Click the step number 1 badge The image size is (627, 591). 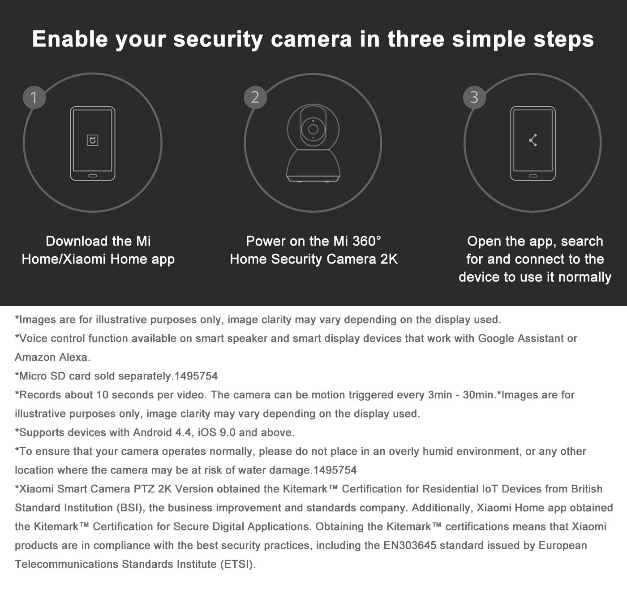tap(34, 97)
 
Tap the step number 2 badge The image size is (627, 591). tap(255, 97)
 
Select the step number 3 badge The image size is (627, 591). tap(475, 97)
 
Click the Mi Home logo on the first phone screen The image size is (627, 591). tap(93, 140)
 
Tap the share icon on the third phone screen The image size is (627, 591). tap(533, 140)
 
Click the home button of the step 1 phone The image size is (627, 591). tap(93, 176)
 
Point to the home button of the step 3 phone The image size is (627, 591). tap(533, 176)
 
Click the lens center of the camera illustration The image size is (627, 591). tap(313, 129)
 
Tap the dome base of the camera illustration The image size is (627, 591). tap(313, 165)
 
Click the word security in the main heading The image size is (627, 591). tap(218, 39)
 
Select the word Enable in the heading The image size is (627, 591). tap(70, 39)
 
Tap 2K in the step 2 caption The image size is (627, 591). tap(389, 259)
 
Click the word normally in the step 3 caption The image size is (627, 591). tap(585, 277)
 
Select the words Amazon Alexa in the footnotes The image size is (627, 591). tap(52, 357)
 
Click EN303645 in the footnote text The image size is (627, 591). tap(410, 545)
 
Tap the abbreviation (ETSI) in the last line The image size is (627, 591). tap(238, 565)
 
